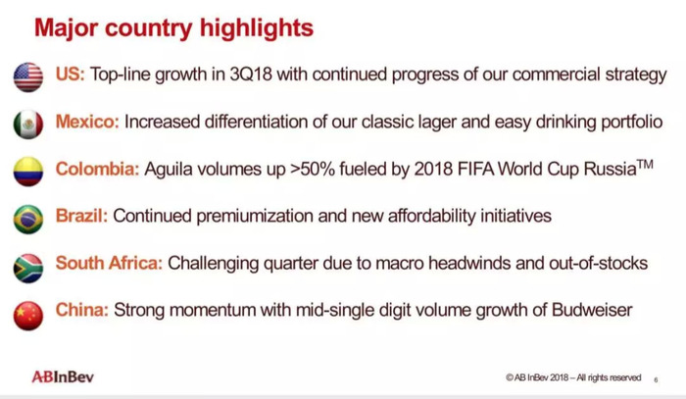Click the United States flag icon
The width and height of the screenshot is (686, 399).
click(28, 77)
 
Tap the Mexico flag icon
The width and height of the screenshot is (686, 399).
click(28, 125)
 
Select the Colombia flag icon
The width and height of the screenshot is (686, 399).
click(28, 172)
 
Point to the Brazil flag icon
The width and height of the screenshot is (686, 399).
click(28, 220)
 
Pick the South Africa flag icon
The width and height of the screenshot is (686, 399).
click(28, 269)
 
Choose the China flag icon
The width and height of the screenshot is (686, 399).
click(28, 316)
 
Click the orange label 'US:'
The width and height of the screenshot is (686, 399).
click(70, 74)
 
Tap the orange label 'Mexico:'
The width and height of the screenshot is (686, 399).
click(87, 122)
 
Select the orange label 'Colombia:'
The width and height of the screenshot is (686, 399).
click(97, 169)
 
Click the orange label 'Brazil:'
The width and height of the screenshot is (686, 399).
click(81, 216)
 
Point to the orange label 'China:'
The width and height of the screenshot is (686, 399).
click(81, 310)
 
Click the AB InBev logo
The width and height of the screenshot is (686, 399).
click(63, 376)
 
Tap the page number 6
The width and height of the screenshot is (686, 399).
click(656, 379)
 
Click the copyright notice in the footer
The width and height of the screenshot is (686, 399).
click(573, 377)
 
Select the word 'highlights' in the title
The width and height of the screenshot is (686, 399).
click(257, 27)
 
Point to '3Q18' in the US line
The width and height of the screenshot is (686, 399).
click(251, 75)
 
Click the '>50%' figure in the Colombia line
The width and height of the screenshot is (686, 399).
click(312, 169)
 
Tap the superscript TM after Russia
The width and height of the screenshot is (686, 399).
click(645, 165)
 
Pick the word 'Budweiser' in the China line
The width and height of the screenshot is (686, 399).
click(592, 310)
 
